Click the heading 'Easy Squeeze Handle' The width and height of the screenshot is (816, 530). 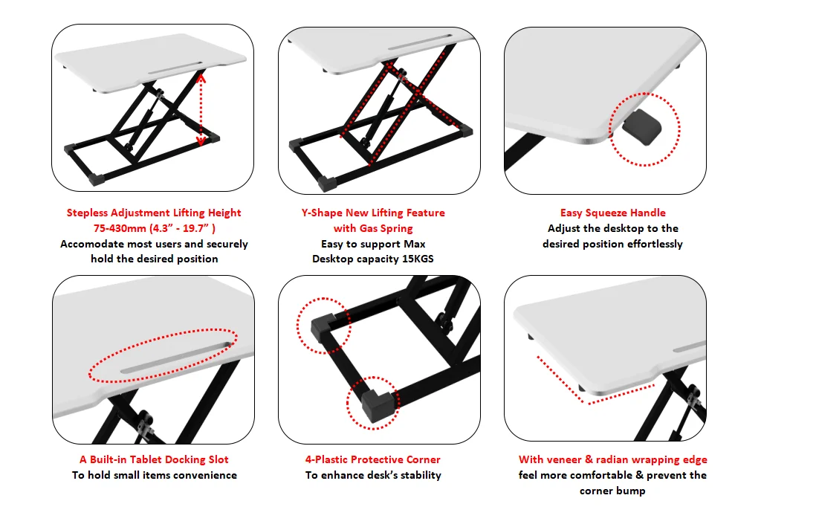pyautogui.click(x=612, y=213)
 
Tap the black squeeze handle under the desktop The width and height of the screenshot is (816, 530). pyautogui.click(x=643, y=126)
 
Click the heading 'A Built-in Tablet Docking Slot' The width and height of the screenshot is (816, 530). pyautogui.click(x=154, y=459)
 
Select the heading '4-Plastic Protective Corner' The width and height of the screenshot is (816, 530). pyautogui.click(x=372, y=459)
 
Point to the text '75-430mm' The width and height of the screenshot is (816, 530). pyautogui.click(x=121, y=228)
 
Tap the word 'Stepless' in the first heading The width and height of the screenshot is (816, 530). pyautogui.click(x=88, y=213)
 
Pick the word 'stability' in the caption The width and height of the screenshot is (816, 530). pyautogui.click(x=418, y=475)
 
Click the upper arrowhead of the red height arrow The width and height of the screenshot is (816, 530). pyautogui.click(x=201, y=75)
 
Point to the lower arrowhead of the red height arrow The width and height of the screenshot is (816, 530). pyautogui.click(x=200, y=141)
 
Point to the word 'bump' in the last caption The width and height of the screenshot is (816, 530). pyautogui.click(x=630, y=491)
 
